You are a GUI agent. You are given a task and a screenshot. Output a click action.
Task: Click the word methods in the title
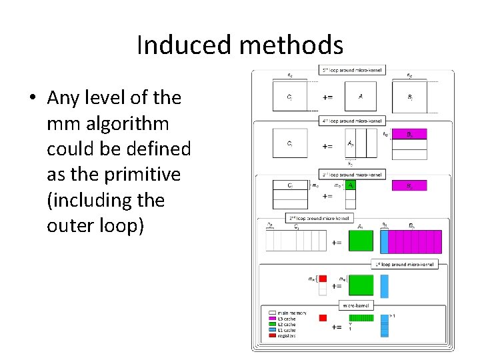point(289,45)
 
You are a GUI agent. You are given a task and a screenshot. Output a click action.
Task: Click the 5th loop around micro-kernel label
point(352,69)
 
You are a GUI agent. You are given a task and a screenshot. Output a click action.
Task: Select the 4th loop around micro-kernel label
point(352,121)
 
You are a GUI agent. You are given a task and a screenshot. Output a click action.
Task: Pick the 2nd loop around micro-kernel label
point(319,217)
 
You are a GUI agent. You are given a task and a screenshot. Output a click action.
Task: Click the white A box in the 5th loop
point(361,97)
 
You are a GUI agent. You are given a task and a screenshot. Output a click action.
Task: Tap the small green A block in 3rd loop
point(351,186)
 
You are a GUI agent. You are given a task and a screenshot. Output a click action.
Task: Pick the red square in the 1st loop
point(322,279)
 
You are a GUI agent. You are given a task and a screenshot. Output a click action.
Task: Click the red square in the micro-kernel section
point(323,317)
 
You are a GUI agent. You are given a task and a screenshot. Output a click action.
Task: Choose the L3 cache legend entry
point(281,319)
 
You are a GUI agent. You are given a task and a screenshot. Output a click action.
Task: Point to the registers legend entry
point(281,335)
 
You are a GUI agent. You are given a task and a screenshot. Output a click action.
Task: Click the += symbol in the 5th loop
point(327,97)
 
